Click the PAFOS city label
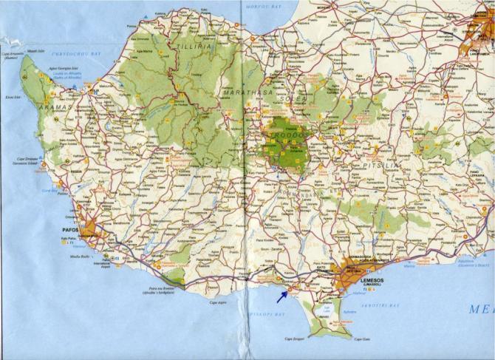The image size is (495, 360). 71,230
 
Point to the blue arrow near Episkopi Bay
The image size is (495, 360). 282,296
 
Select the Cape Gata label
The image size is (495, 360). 361,339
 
